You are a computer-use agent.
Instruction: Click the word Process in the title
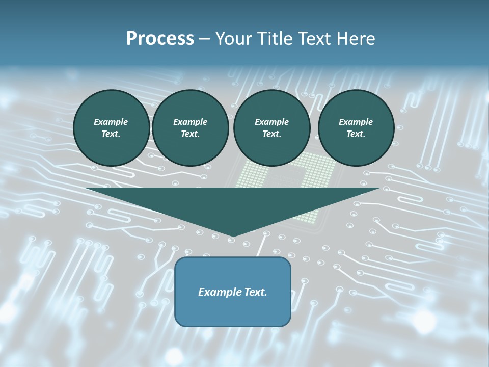click(160, 39)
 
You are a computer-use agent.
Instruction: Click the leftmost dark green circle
click(111, 128)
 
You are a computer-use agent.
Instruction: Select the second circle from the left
click(190, 128)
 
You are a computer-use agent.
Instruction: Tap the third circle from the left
click(271, 128)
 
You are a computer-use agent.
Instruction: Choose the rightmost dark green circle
click(356, 128)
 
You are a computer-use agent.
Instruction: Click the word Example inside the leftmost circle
click(111, 122)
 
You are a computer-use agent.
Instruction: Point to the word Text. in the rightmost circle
click(356, 134)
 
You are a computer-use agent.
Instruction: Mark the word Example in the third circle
click(271, 122)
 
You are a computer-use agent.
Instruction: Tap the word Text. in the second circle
click(190, 134)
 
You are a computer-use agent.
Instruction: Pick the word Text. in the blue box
click(255, 292)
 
